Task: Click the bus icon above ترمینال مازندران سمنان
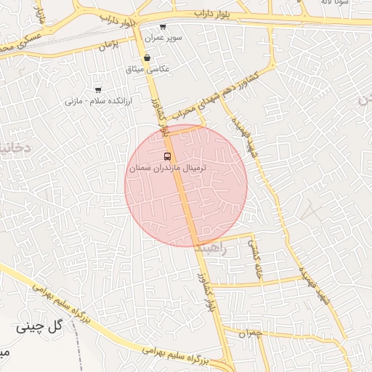click(x=168, y=156)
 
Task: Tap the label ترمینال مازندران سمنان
click(x=168, y=168)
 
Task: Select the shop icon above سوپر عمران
click(x=163, y=27)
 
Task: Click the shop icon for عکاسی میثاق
click(x=147, y=58)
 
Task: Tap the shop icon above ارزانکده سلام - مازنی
click(x=98, y=90)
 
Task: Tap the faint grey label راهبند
click(x=213, y=248)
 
